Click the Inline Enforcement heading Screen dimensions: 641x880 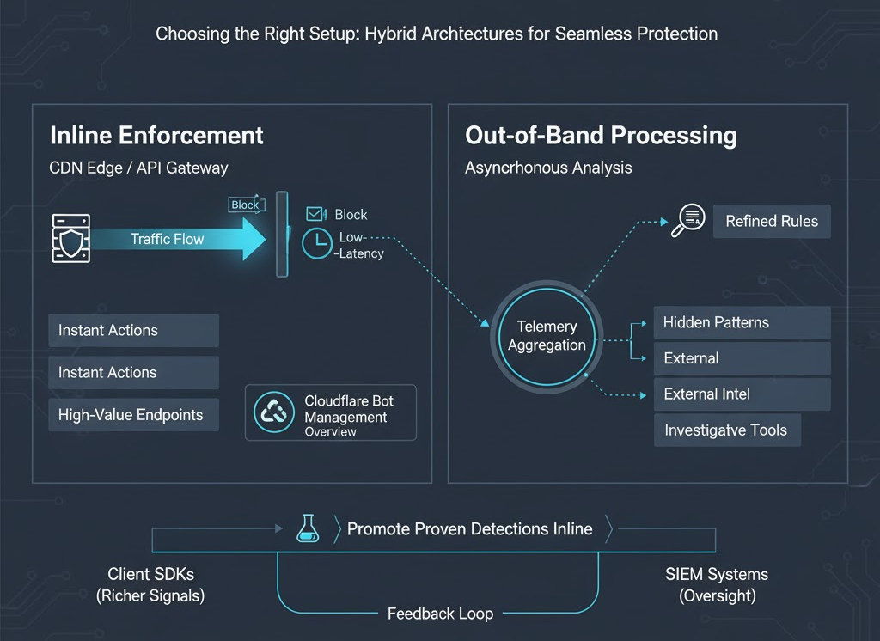click(x=156, y=136)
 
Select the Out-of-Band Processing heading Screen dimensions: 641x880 click(x=601, y=136)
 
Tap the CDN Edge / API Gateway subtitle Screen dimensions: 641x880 click(x=139, y=168)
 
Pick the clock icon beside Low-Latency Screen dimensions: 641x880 click(x=317, y=244)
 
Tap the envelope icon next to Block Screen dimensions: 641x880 click(x=315, y=214)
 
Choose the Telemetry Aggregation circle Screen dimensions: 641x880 click(x=547, y=336)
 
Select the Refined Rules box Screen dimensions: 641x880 click(x=772, y=221)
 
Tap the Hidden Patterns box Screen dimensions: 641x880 click(x=742, y=323)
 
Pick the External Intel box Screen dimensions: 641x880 click(x=742, y=394)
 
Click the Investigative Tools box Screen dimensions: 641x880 click(x=726, y=430)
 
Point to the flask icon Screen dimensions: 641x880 click(x=307, y=528)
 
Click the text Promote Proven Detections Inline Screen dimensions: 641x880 click(x=469, y=529)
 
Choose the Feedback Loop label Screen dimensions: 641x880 click(x=440, y=614)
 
